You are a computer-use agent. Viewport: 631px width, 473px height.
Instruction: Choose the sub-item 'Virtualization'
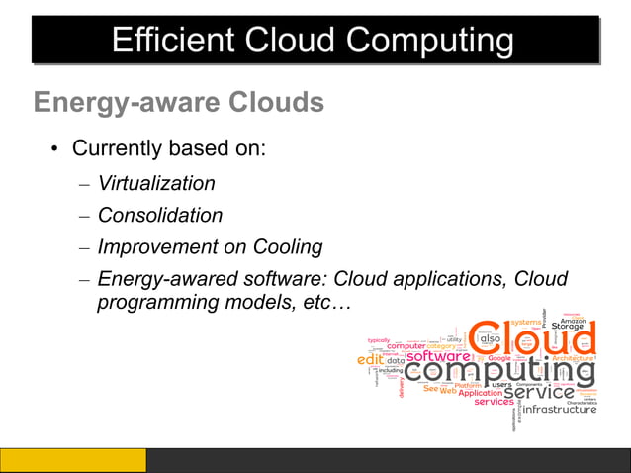pos(156,183)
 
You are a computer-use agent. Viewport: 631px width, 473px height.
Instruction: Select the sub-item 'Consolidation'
pos(160,215)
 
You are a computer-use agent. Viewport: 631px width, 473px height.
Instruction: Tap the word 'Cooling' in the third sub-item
pos(287,246)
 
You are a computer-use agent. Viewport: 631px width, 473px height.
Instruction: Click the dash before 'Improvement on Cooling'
pos(84,247)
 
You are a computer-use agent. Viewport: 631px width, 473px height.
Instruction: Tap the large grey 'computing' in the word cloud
pos(499,371)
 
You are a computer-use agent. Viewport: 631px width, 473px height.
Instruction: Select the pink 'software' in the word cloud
pos(438,356)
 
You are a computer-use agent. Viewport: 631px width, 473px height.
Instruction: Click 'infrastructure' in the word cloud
pos(559,410)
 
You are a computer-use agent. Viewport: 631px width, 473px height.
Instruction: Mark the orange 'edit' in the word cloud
pos(369,360)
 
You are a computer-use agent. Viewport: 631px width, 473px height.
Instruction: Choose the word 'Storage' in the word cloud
pos(568,326)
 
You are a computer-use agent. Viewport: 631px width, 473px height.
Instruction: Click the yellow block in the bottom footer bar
pos(73,460)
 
